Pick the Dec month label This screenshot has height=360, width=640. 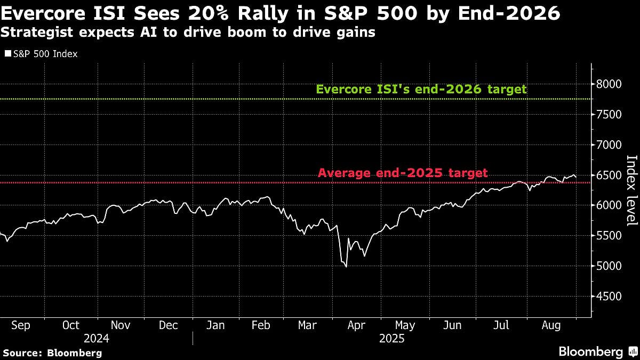tap(169, 325)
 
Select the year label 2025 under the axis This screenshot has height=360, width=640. tap(391, 339)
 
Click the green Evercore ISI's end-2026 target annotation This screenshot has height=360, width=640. tap(421, 89)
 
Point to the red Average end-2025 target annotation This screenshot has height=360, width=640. tap(403, 173)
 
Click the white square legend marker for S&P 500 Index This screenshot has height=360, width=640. tap(7, 54)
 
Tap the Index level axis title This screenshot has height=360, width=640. tap(631, 190)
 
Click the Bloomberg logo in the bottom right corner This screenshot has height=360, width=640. tap(597, 351)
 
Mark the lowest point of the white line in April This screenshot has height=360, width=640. tap(346, 267)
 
